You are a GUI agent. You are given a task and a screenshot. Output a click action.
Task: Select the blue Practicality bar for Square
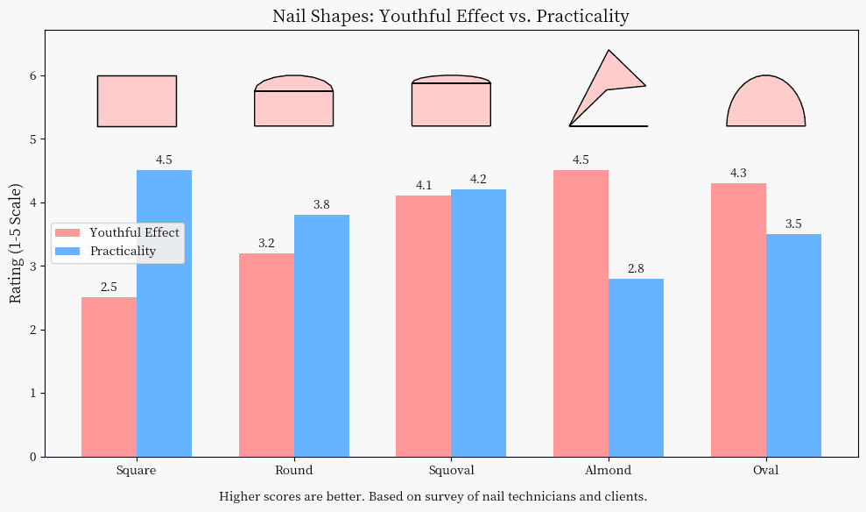click(x=164, y=313)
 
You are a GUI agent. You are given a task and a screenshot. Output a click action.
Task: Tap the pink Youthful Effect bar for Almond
click(x=581, y=313)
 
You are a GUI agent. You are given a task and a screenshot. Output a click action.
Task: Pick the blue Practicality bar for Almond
click(x=636, y=367)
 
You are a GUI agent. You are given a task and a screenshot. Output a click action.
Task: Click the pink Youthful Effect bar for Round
click(x=266, y=354)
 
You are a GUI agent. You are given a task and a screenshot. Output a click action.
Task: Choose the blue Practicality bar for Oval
click(x=793, y=345)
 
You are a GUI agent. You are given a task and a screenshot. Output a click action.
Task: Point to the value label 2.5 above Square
click(x=109, y=287)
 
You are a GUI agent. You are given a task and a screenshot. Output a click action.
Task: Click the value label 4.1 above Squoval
click(x=424, y=185)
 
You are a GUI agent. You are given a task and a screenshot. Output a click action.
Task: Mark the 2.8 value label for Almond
click(x=636, y=268)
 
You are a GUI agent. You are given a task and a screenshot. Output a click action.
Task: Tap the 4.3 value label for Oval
click(x=738, y=173)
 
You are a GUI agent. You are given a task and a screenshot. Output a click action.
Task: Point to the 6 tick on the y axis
click(x=32, y=76)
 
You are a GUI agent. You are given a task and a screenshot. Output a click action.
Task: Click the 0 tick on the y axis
click(x=32, y=457)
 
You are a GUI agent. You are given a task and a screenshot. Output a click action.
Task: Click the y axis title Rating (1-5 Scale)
click(x=16, y=244)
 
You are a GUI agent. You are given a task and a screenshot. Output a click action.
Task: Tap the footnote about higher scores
click(x=433, y=496)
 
